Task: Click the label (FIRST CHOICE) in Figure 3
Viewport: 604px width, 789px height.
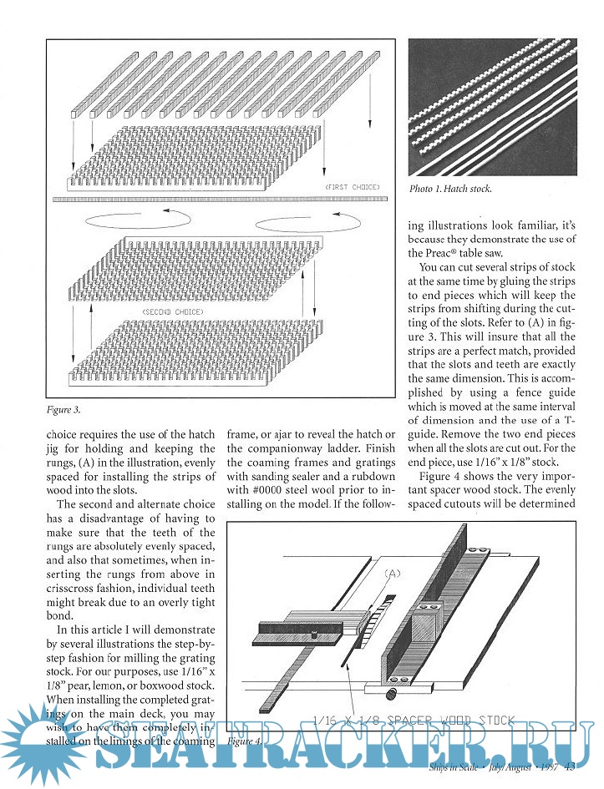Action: tap(353, 186)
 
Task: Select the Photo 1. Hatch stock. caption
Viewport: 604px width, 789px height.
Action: tap(450, 189)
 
